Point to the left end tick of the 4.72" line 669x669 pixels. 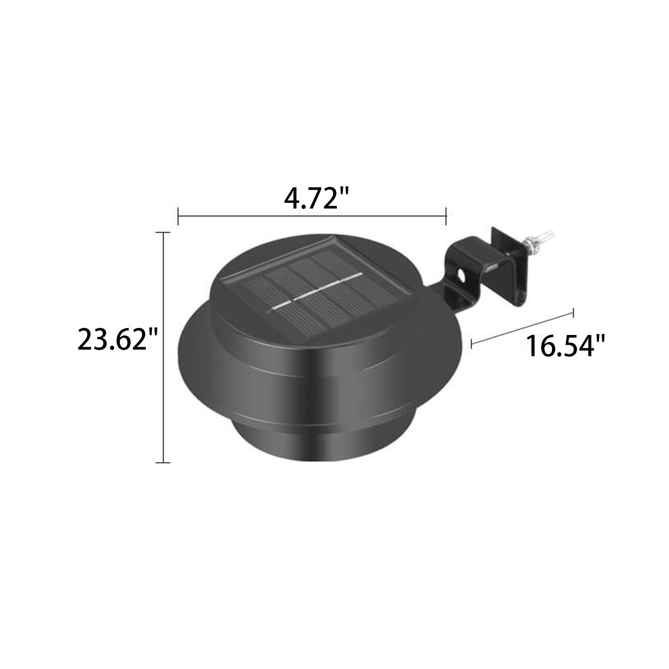click(x=178, y=217)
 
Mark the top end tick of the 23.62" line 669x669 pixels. click(x=163, y=233)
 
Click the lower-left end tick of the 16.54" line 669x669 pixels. click(x=472, y=343)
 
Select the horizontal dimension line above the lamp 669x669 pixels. click(x=311, y=217)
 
